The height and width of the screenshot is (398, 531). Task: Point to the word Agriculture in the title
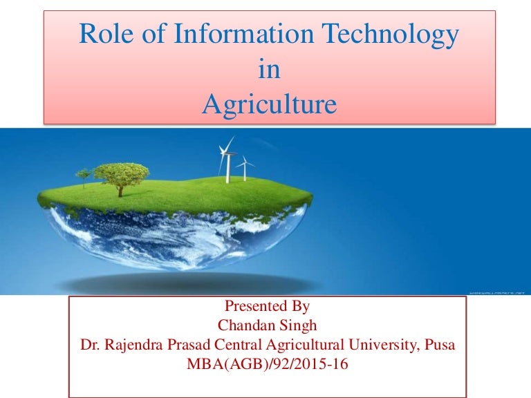(x=270, y=105)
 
